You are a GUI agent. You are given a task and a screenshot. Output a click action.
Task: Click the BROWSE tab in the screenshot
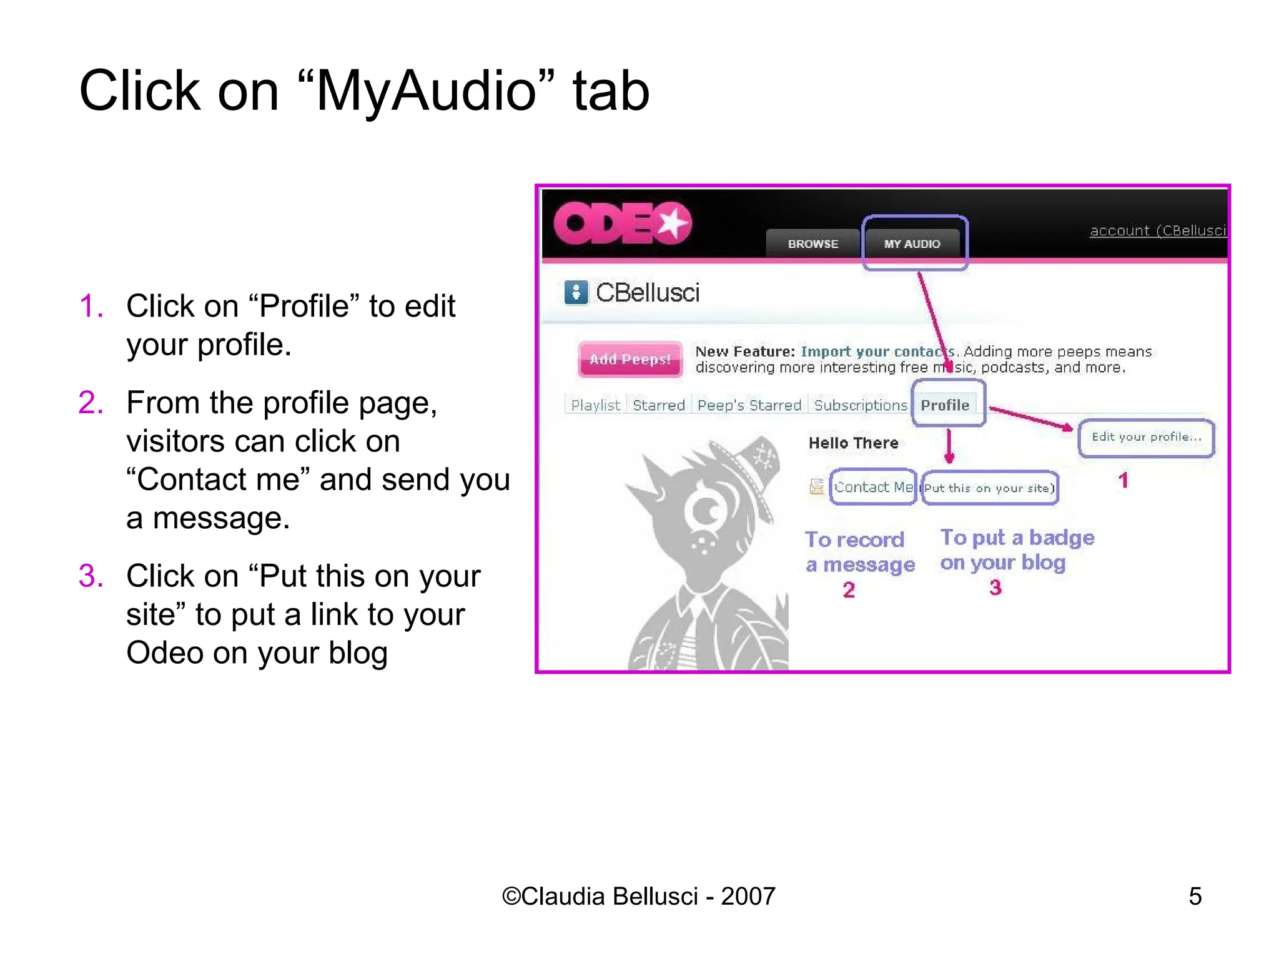point(812,243)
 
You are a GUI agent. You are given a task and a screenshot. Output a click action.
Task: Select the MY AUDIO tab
point(912,243)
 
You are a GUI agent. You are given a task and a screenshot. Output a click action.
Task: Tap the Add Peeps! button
point(630,359)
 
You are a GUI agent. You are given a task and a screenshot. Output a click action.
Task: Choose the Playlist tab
point(595,405)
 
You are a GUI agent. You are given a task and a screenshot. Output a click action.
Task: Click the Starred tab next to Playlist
point(659,405)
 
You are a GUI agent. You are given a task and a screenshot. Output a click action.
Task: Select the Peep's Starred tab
point(749,405)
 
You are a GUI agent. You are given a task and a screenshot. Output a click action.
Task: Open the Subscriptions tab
point(861,405)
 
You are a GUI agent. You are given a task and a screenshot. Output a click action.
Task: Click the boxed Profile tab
point(945,405)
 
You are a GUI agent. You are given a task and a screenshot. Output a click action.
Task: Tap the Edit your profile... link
point(1146,437)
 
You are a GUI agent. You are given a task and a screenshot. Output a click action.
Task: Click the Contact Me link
point(873,487)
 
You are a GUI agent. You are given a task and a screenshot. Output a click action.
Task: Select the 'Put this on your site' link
point(989,488)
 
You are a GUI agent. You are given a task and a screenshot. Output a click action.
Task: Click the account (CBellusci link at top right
point(1158,230)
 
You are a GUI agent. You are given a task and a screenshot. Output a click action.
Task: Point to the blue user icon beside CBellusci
point(576,292)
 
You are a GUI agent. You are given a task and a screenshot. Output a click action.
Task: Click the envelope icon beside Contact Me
point(816,486)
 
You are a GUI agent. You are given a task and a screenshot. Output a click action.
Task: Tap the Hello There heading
point(853,443)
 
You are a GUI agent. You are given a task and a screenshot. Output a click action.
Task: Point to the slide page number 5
point(1195,897)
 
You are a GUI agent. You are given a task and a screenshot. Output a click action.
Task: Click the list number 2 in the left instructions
point(91,403)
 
